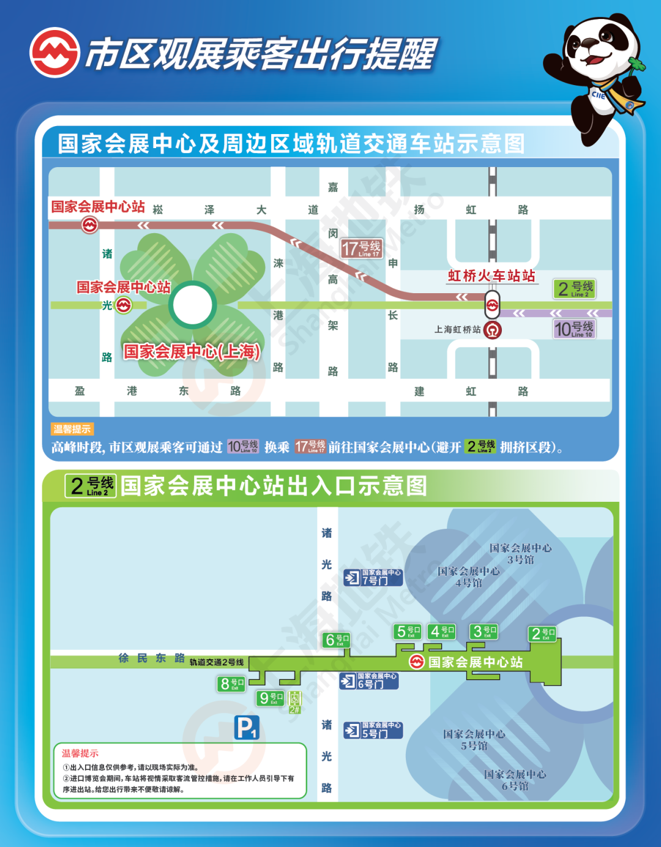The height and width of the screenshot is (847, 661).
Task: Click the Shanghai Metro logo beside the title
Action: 54,53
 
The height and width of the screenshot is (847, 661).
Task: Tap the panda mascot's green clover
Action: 637,64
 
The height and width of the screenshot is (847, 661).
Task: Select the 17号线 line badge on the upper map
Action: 362,248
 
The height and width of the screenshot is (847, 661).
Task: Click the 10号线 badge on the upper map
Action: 573,329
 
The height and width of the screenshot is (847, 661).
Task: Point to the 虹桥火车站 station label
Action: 491,276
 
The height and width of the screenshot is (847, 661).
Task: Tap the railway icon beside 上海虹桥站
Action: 492,330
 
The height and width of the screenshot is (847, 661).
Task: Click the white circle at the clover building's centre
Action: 192,305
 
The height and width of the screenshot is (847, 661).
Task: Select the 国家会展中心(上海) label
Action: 192,351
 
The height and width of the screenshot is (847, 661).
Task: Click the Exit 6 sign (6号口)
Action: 337,640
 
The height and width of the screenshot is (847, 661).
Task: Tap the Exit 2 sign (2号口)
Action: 543,634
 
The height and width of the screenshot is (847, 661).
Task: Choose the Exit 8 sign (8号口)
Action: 231,684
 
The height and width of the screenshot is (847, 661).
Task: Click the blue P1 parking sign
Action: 247,728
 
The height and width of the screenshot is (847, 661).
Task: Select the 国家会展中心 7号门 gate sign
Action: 373,577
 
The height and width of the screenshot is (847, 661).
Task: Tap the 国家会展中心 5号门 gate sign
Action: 373,730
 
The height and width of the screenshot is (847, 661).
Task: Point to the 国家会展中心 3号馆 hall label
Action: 520,554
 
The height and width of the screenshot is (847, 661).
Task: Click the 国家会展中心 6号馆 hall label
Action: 515,780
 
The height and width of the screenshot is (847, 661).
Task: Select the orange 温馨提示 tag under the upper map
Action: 72,429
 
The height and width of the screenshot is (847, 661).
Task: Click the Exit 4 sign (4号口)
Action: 442,631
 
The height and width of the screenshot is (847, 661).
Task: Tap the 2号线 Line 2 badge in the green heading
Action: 91,486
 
